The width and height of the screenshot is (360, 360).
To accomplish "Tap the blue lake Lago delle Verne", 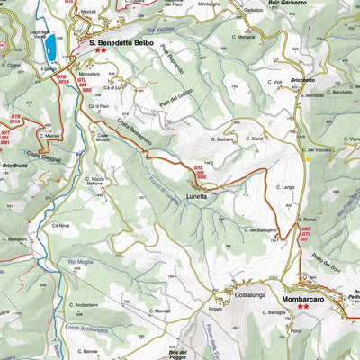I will click(50, 43).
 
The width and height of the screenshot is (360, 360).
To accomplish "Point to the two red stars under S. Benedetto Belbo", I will click(100, 51).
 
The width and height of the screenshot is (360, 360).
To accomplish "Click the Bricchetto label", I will click(302, 80).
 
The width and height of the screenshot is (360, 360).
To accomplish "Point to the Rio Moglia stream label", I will click(80, 261).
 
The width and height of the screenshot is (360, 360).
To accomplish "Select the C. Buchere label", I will click(223, 140).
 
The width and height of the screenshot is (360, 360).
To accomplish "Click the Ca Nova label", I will click(60, 225).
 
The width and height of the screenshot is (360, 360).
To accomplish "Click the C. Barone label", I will click(85, 352).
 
